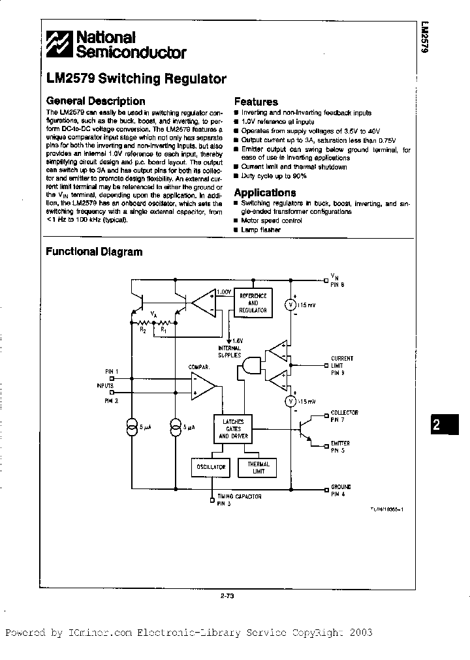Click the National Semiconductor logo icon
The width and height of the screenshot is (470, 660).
(x=59, y=45)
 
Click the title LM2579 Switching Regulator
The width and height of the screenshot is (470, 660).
(x=136, y=79)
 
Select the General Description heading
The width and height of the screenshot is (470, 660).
(x=95, y=101)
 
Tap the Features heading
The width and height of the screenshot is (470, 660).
(x=256, y=102)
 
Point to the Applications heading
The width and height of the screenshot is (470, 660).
(x=264, y=192)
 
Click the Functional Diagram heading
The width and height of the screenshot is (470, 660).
(x=94, y=252)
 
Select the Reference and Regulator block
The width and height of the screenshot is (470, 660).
(x=253, y=303)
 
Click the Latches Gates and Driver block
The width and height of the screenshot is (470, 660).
(x=233, y=428)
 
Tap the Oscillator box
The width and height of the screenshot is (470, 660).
(x=210, y=467)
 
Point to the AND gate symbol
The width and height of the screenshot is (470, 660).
(x=250, y=368)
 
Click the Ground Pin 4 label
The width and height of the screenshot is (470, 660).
(x=341, y=490)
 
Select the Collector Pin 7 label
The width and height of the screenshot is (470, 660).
(x=343, y=415)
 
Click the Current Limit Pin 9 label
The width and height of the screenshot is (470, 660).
(x=342, y=365)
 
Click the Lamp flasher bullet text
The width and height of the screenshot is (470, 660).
(x=260, y=230)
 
